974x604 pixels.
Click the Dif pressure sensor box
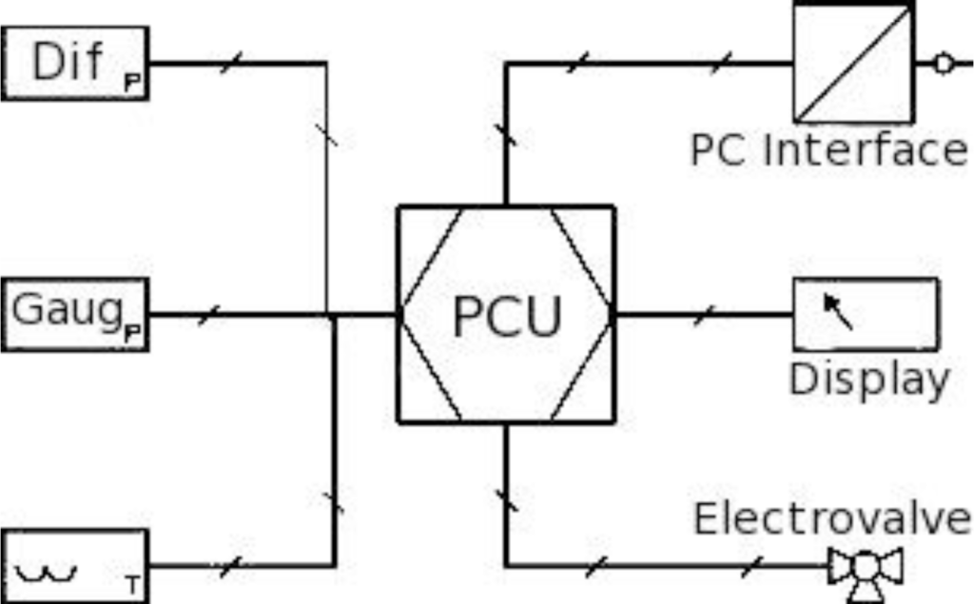75,63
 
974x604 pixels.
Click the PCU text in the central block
506,317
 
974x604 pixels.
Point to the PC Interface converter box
853,63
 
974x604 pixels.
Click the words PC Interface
828,150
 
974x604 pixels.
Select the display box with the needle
865,315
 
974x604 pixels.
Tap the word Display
868,379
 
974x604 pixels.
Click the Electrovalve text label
832,519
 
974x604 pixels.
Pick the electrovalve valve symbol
865,571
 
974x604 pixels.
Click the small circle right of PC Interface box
943,64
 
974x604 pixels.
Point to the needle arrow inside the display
837,311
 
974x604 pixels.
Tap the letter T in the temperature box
131,583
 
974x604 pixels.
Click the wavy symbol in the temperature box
46,573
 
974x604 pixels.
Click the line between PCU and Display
704,315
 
